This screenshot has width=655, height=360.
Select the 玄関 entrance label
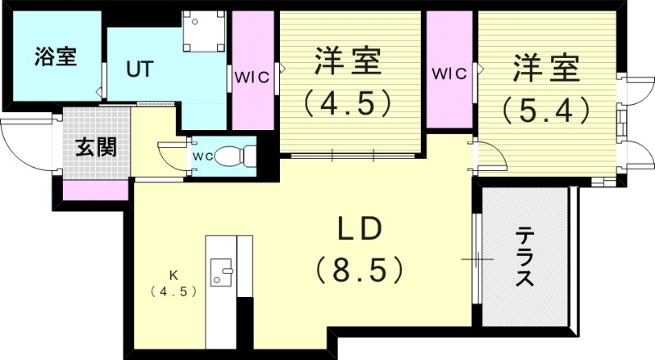[x=96, y=148]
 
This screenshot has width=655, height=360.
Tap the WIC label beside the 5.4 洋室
[x=449, y=73]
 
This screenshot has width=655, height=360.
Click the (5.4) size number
[x=546, y=109]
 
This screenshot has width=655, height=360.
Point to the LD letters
[x=358, y=230]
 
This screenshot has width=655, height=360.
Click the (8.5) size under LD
[x=358, y=268]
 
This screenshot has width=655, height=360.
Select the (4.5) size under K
[x=173, y=291]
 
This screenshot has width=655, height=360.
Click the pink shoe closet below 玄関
[x=95, y=190]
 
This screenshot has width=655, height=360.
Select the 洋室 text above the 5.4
[x=546, y=67]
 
